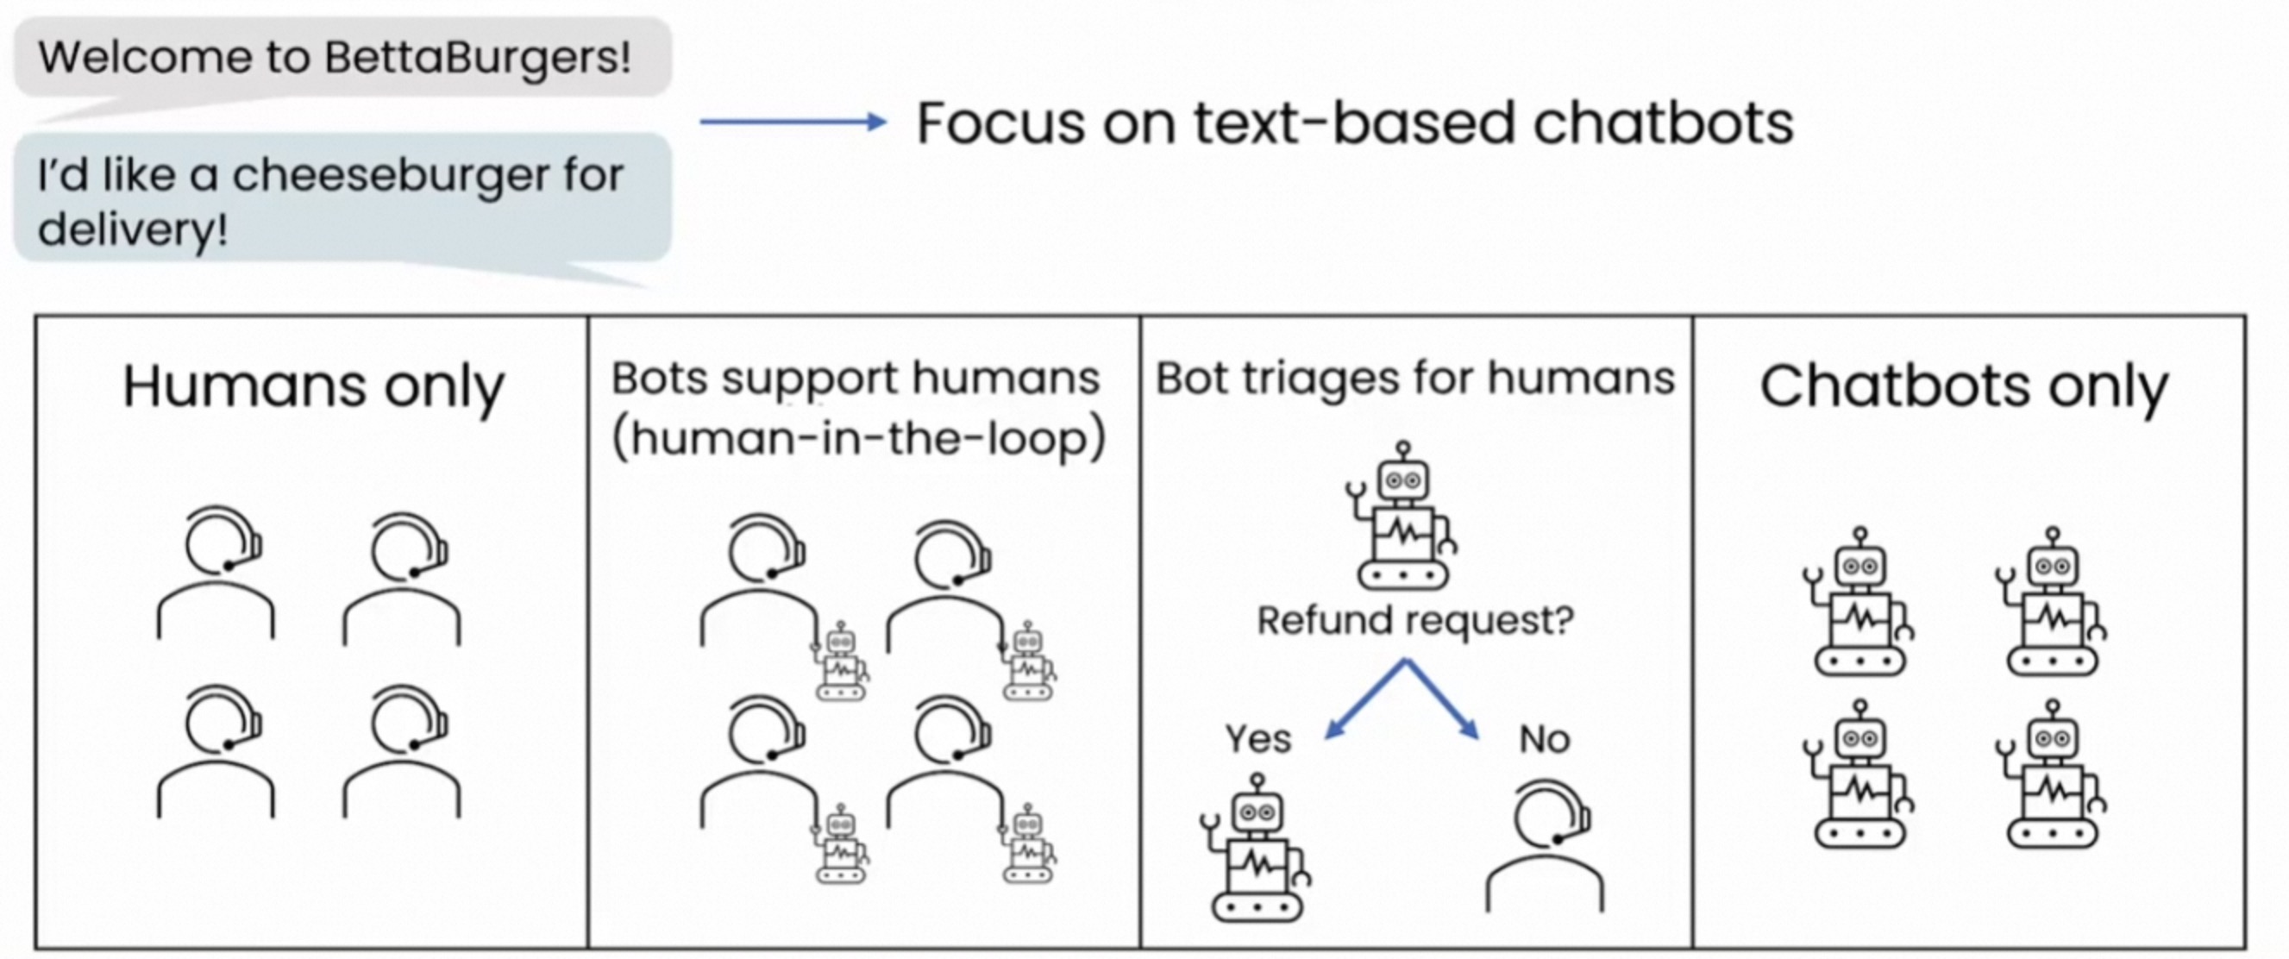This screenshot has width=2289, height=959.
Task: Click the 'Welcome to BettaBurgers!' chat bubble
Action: click(342, 58)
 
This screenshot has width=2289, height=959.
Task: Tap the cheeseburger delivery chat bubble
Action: click(342, 199)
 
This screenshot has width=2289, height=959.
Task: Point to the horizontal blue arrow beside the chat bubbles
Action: click(793, 122)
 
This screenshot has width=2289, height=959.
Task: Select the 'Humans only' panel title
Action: click(313, 386)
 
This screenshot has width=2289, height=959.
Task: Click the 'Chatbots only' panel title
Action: click(1964, 386)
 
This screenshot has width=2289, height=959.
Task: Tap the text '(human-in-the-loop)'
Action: click(858, 438)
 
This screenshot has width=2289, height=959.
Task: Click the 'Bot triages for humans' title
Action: click(1414, 379)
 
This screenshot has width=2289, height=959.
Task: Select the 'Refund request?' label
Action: click(1414, 619)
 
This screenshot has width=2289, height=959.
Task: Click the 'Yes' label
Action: click(1257, 738)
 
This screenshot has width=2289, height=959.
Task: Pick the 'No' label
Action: click(1545, 738)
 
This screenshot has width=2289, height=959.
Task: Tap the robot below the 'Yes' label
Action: click(1256, 849)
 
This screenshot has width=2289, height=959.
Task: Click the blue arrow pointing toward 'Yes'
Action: click(1364, 700)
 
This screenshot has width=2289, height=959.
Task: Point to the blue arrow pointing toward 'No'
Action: click(1444, 700)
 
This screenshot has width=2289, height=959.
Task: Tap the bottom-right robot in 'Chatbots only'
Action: click(2053, 775)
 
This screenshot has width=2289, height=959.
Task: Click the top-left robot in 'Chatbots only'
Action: click(1859, 603)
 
